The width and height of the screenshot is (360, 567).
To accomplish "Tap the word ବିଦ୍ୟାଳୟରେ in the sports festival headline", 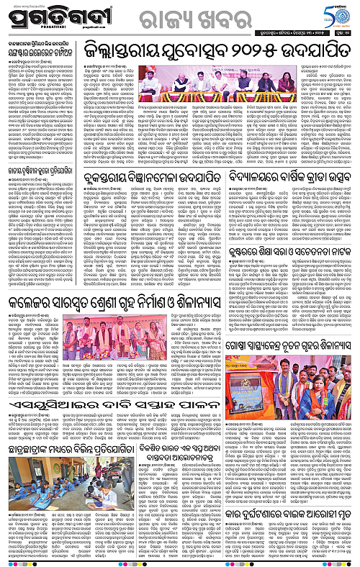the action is coord(266,173).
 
